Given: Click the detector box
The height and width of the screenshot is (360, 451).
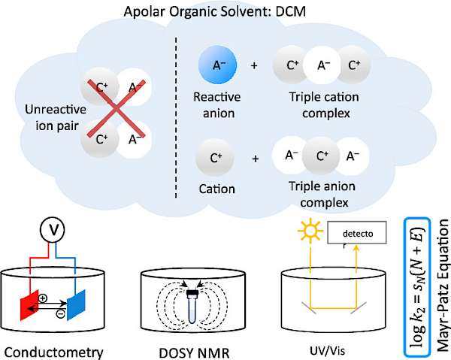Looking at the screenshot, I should tap(356, 237).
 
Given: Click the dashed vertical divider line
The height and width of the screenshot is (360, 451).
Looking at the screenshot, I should tap(176, 113).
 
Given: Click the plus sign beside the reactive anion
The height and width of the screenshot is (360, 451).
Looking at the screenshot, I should tap(253, 66).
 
